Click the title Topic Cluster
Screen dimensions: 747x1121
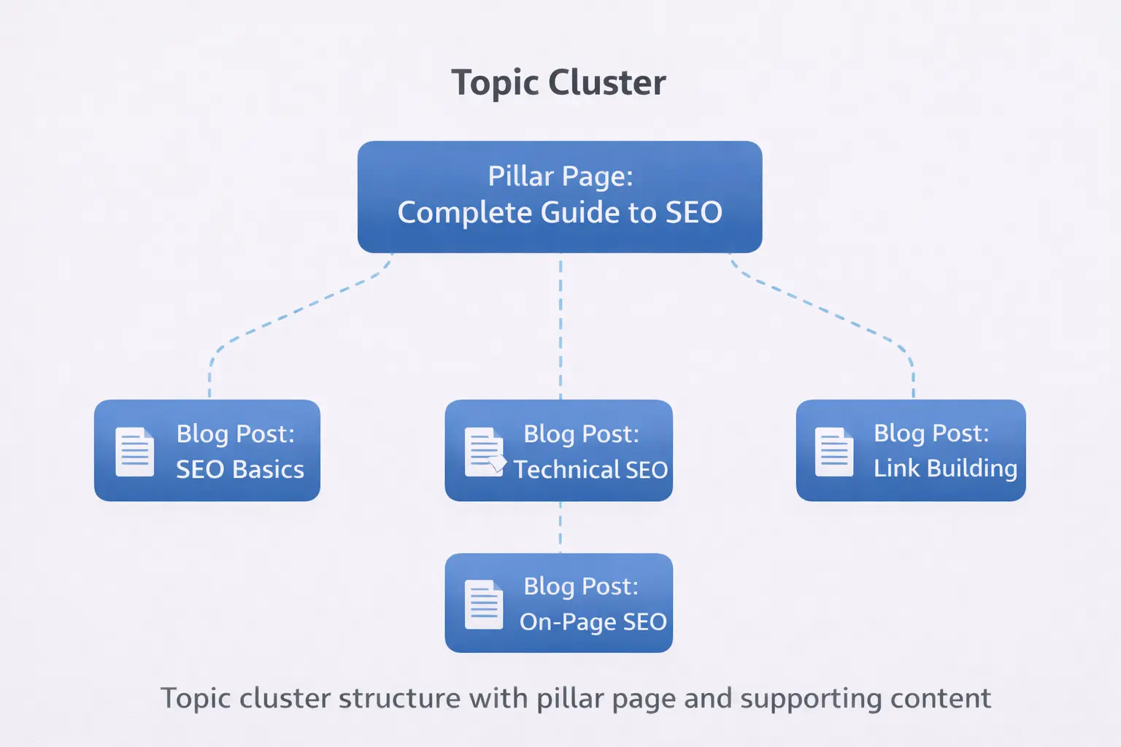click(558, 82)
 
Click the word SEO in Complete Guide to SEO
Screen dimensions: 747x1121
click(693, 213)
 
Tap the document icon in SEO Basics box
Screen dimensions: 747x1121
click(135, 452)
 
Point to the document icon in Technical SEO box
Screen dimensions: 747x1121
click(485, 452)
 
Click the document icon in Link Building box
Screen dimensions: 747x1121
click(834, 452)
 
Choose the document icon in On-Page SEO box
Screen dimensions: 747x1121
click(484, 604)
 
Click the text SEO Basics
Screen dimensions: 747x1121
click(240, 469)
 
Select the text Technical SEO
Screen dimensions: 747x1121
click(590, 469)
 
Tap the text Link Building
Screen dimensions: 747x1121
click(945, 468)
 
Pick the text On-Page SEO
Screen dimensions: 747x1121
click(593, 622)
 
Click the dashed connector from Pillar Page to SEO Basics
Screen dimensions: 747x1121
click(292, 314)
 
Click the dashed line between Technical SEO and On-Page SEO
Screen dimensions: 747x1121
click(560, 527)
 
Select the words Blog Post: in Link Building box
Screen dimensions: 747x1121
click(931, 433)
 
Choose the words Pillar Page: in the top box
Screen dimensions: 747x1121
click(560, 177)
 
